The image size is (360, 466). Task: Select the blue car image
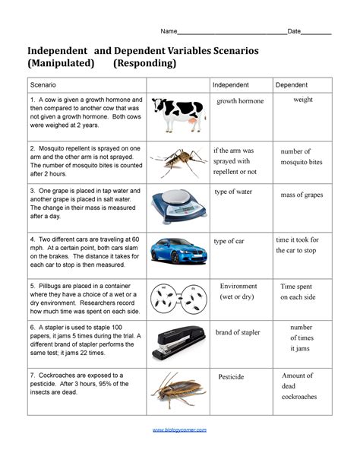pos(178,250)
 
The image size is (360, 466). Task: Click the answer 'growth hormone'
pos(240,101)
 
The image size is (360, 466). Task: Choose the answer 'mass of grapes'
pos(302,195)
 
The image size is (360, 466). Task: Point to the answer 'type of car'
pos(229,241)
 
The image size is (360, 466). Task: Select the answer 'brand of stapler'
pos(238,332)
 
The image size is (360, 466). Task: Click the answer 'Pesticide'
pos(231,377)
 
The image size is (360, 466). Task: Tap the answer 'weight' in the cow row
pos(303,100)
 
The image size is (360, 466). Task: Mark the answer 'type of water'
pos(233,192)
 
